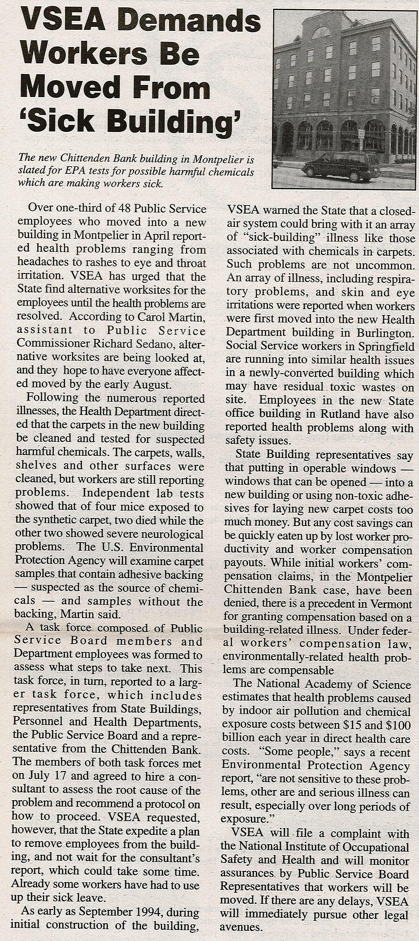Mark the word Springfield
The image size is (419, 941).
pyautogui.click(x=386, y=347)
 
